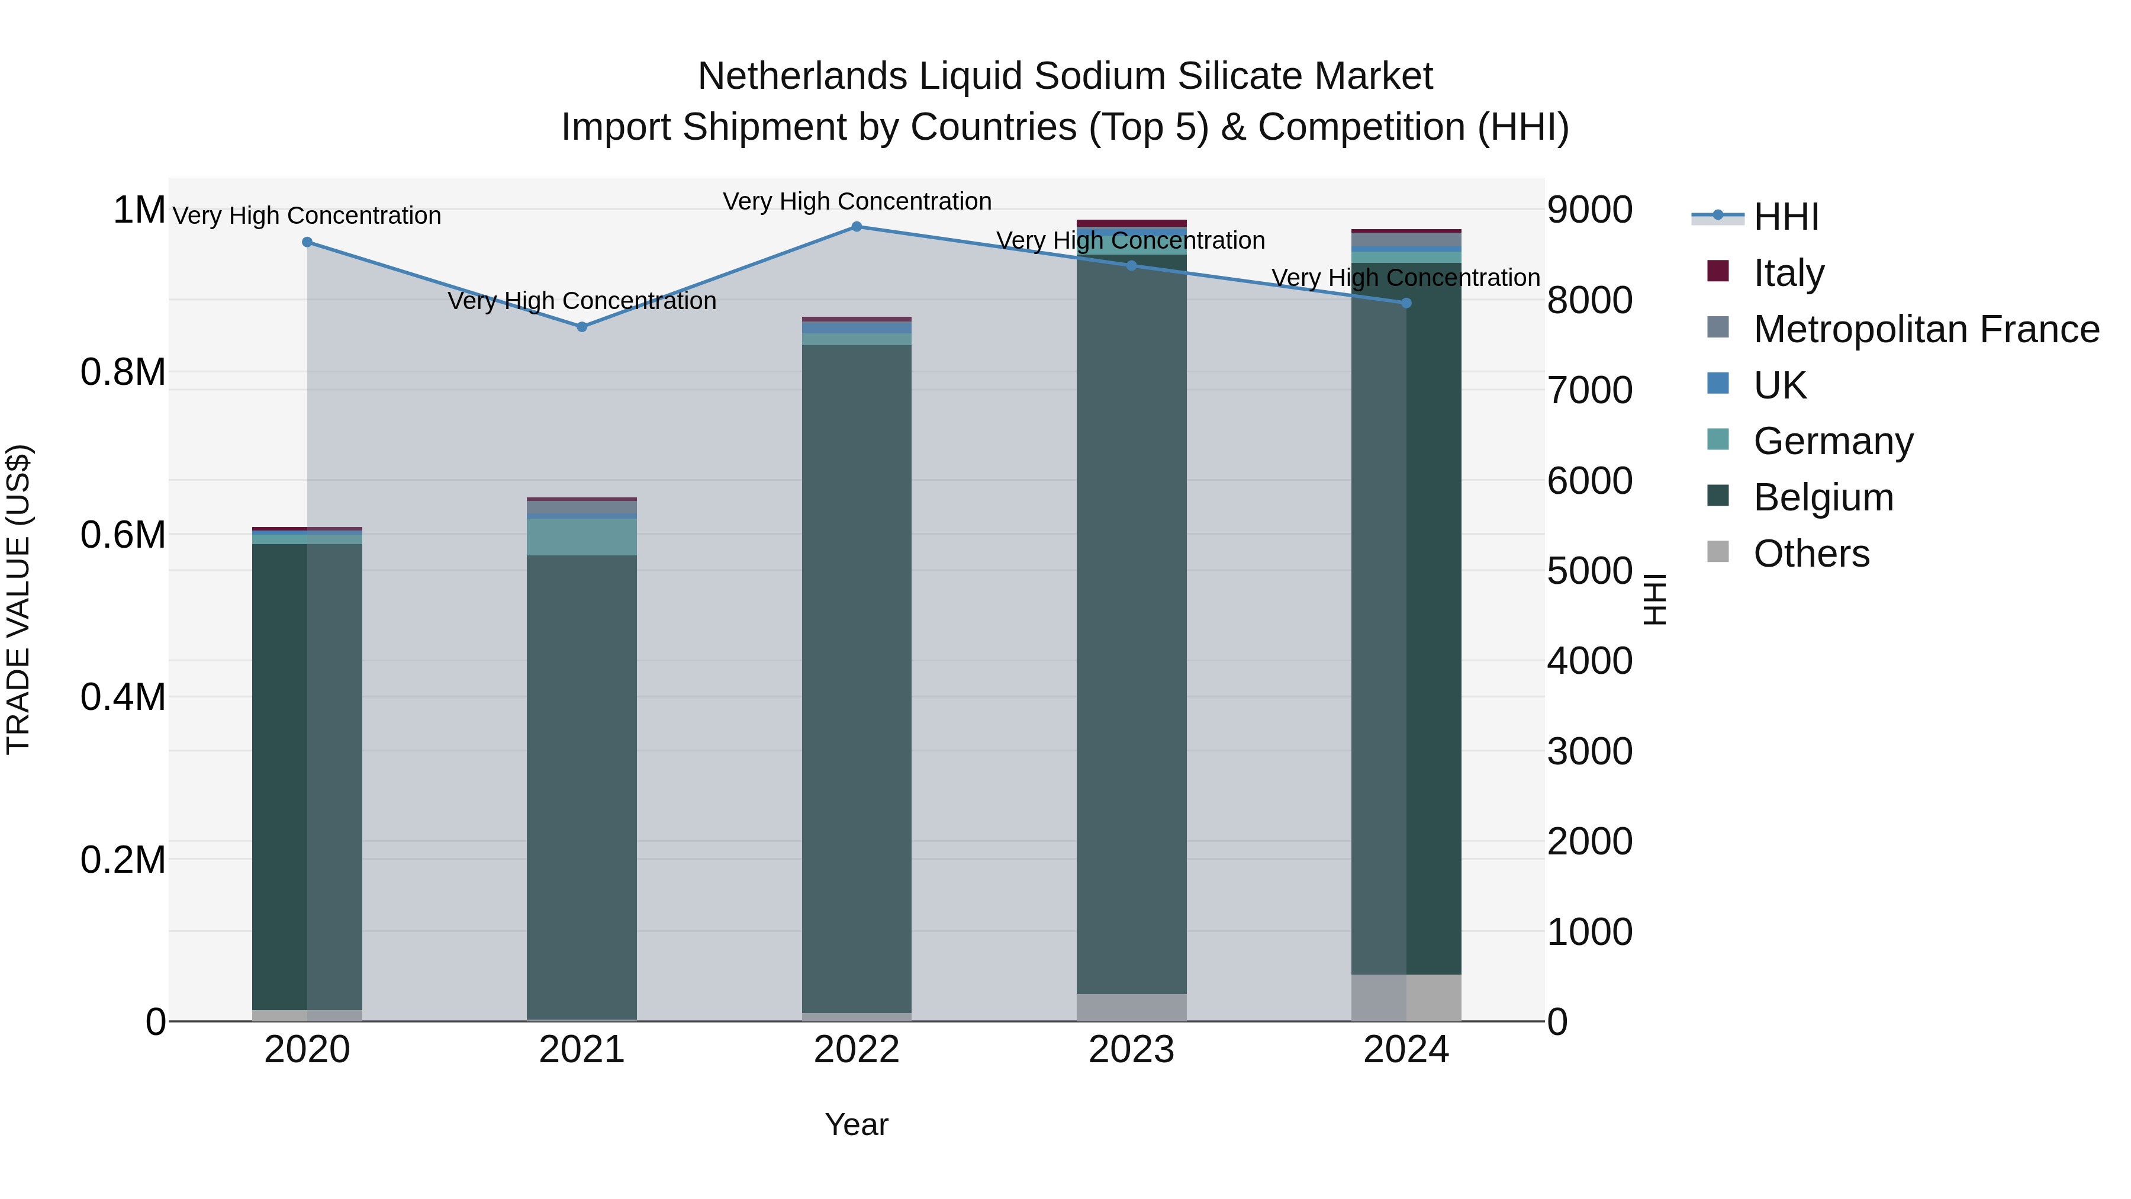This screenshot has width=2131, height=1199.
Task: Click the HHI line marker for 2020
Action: pyautogui.click(x=307, y=242)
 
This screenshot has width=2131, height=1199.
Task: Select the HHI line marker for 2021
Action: pyautogui.click(x=581, y=327)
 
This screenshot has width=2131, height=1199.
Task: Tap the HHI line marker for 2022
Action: pyautogui.click(x=856, y=227)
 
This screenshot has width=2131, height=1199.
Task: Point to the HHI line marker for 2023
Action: pyautogui.click(x=1132, y=266)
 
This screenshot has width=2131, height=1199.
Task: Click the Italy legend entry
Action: pyautogui.click(x=1788, y=273)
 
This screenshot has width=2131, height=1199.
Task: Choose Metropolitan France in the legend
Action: pyautogui.click(x=1925, y=329)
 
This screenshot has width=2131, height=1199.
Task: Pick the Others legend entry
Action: pyautogui.click(x=1811, y=554)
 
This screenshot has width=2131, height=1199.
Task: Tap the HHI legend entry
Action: pyautogui.click(x=1785, y=217)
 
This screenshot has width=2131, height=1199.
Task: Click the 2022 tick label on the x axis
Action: pyautogui.click(x=856, y=1050)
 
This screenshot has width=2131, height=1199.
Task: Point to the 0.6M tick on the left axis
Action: pyautogui.click(x=123, y=535)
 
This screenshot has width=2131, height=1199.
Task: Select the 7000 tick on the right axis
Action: pyautogui.click(x=1589, y=391)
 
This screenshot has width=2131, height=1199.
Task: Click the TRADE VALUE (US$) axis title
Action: pyautogui.click(x=18, y=599)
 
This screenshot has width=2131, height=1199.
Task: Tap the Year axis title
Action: pyautogui.click(x=856, y=1124)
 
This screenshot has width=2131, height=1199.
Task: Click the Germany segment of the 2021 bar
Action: pyautogui.click(x=581, y=537)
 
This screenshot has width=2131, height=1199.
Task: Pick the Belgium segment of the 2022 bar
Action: pyautogui.click(x=856, y=679)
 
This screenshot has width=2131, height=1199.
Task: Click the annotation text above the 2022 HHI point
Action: pyautogui.click(x=856, y=201)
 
